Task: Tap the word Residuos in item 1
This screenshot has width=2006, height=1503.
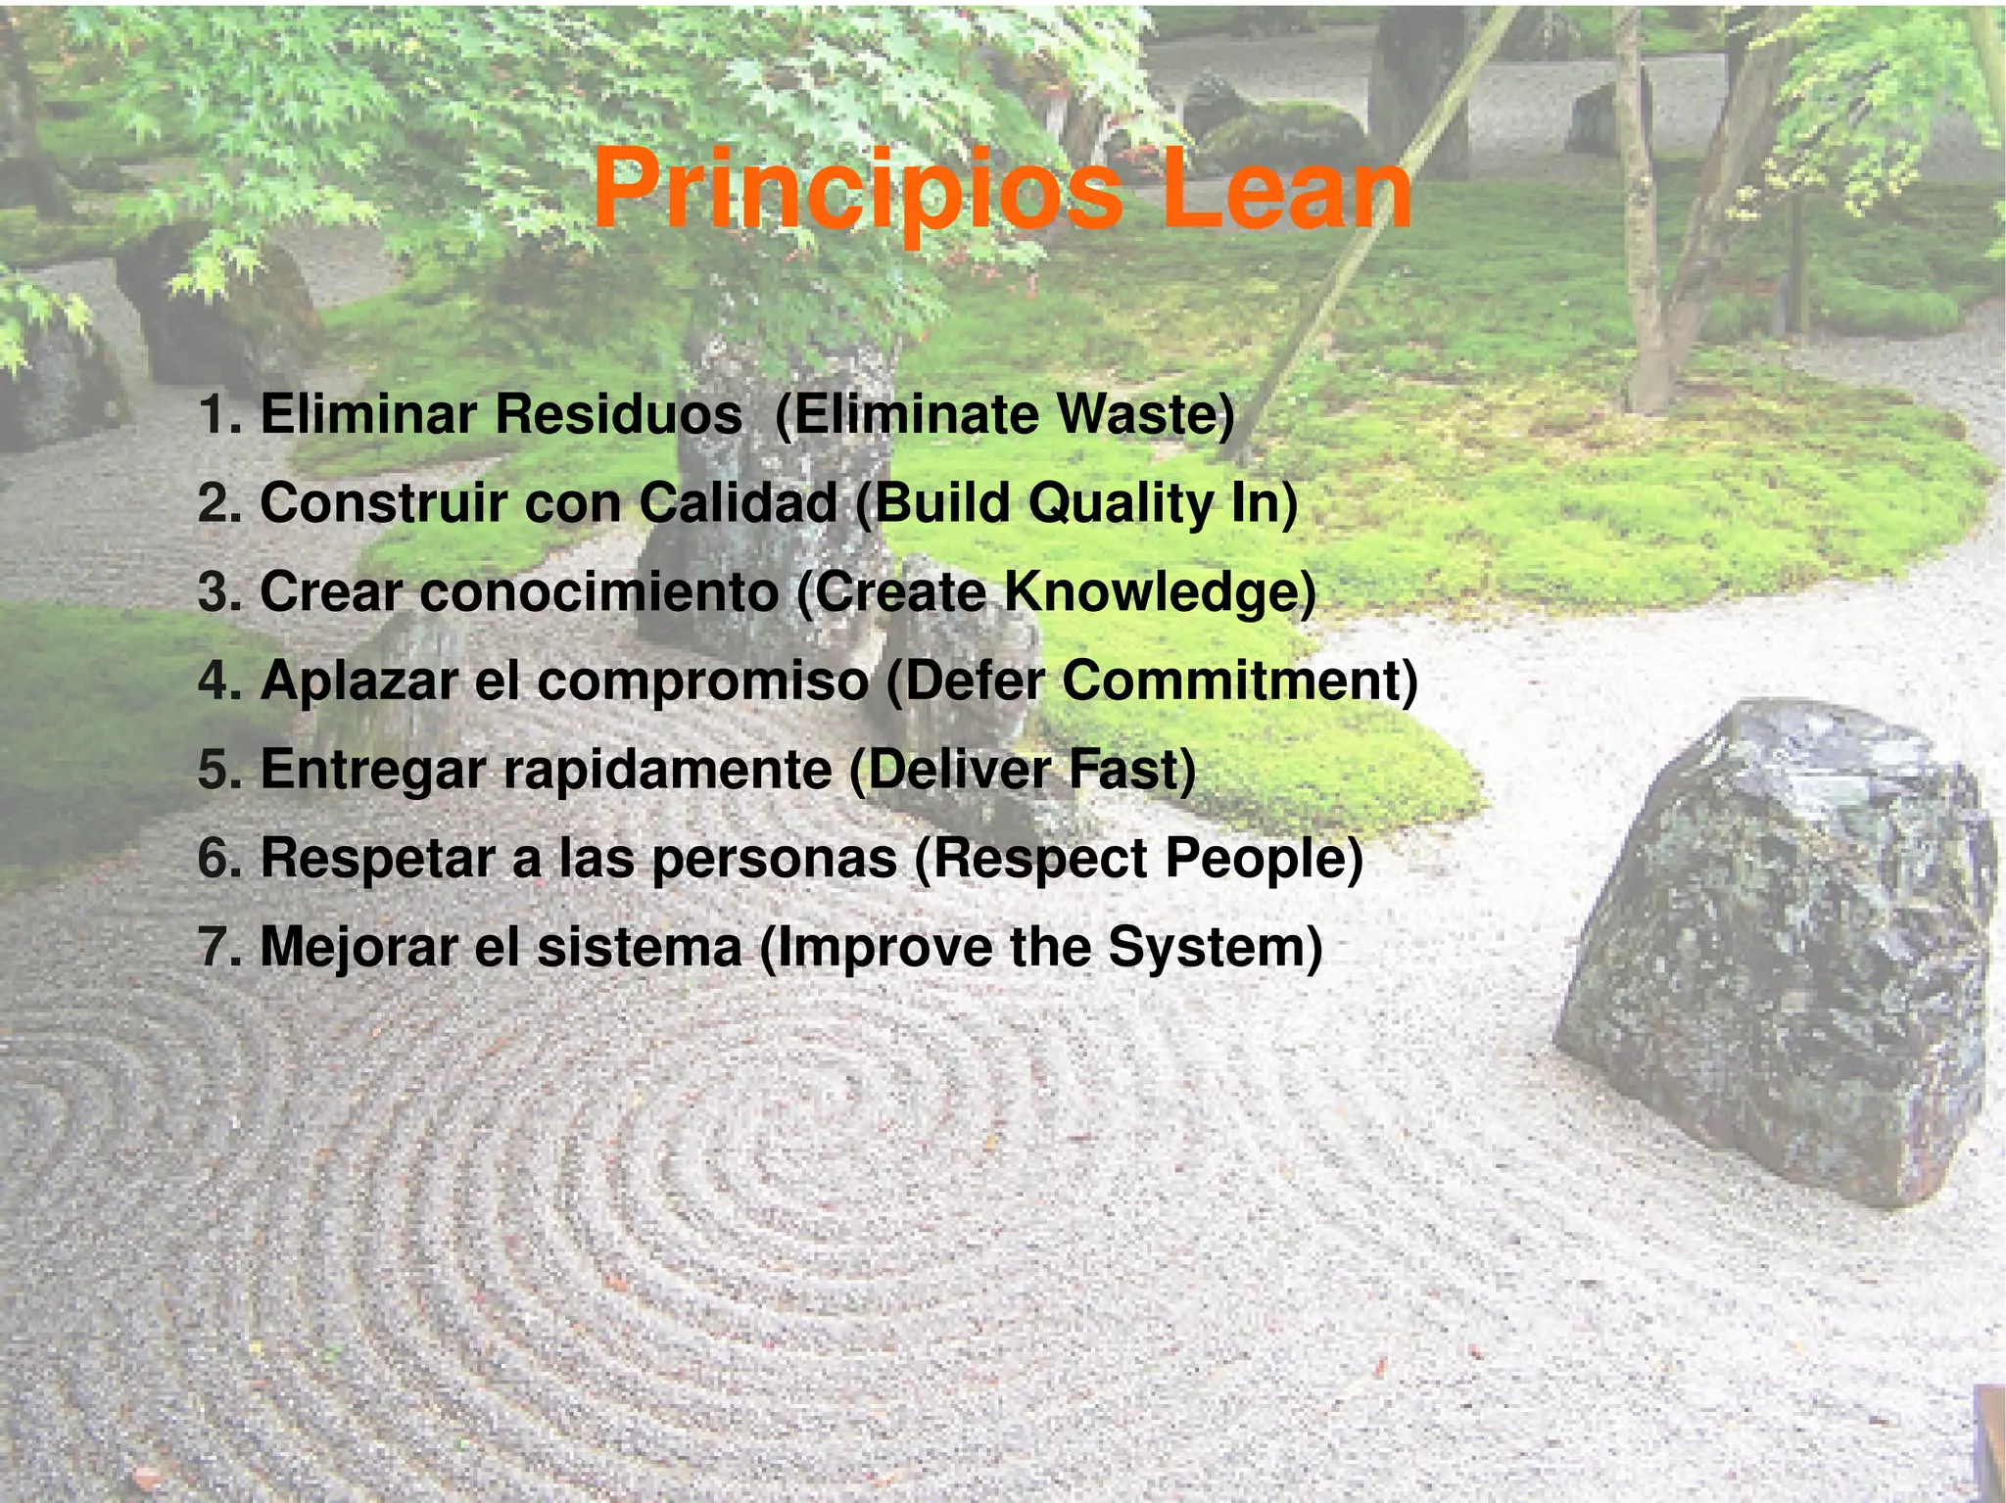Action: click(618, 414)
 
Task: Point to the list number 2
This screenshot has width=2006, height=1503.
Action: click(218, 503)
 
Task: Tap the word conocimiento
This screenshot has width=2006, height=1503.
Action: click(598, 592)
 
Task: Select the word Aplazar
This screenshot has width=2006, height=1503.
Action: click(358, 681)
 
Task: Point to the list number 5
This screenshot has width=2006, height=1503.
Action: click(218, 770)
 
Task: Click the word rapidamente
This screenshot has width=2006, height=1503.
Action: click(667, 770)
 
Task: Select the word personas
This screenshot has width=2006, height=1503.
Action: click(774, 860)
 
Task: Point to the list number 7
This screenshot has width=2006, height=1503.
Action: click(218, 948)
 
